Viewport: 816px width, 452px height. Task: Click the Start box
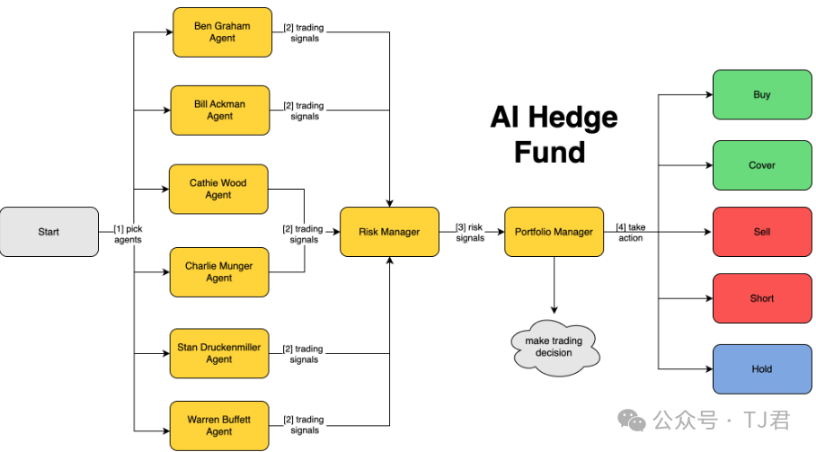pyautogui.click(x=49, y=232)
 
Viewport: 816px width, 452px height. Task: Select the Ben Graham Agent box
pyautogui.click(x=221, y=32)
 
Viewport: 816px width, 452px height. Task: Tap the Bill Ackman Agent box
pyautogui.click(x=219, y=111)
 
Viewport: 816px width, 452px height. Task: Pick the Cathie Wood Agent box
pyautogui.click(x=218, y=189)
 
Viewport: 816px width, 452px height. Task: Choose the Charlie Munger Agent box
pyautogui.click(x=219, y=272)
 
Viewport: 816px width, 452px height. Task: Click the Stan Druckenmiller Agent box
pyautogui.click(x=219, y=353)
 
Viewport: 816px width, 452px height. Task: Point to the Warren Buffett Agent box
pyautogui.click(x=219, y=425)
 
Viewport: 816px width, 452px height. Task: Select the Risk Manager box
pyautogui.click(x=389, y=232)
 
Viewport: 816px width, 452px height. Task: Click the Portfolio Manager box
pyautogui.click(x=554, y=232)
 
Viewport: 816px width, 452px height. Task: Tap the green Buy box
pyautogui.click(x=761, y=94)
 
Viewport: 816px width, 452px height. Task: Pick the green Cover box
pyautogui.click(x=761, y=165)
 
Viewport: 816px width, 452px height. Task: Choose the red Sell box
pyautogui.click(x=761, y=232)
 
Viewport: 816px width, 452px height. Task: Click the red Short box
pyautogui.click(x=761, y=298)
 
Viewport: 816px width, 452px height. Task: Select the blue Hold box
pyautogui.click(x=761, y=369)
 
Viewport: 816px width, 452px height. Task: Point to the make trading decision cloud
pyautogui.click(x=554, y=347)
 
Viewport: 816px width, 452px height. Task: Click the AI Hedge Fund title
pyautogui.click(x=554, y=134)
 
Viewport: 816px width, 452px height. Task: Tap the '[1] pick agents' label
pyautogui.click(x=128, y=235)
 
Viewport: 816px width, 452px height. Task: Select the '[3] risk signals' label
pyautogui.click(x=470, y=233)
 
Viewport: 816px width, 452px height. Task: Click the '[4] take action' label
pyautogui.click(x=630, y=233)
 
